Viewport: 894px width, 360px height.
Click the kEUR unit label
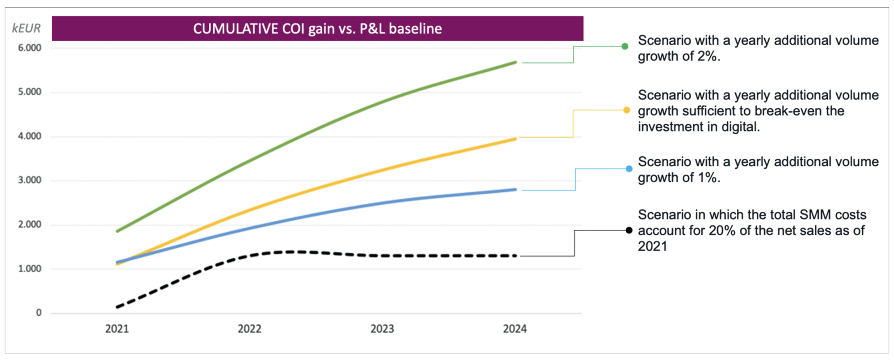(26, 29)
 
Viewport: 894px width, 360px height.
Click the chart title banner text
(317, 29)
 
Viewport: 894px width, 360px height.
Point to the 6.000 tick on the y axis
(30, 48)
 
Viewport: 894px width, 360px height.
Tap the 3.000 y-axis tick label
(30, 180)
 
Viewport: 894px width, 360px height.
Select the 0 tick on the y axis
(39, 313)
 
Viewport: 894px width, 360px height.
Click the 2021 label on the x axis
(117, 329)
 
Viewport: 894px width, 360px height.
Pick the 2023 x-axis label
(382, 329)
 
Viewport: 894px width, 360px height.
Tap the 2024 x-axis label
(515, 329)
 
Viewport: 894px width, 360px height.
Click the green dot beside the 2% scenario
(625, 46)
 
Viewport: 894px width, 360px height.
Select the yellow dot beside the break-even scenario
(627, 110)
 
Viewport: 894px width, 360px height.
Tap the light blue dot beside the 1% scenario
(629, 169)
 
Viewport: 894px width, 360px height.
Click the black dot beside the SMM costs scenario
(629, 230)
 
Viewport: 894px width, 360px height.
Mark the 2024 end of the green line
(515, 63)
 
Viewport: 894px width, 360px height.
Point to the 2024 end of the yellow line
(515, 139)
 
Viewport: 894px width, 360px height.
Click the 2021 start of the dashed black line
(118, 307)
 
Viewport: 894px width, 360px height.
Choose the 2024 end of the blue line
(515, 190)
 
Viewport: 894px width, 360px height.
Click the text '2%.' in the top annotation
(708, 57)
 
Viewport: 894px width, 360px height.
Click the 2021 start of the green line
(118, 231)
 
